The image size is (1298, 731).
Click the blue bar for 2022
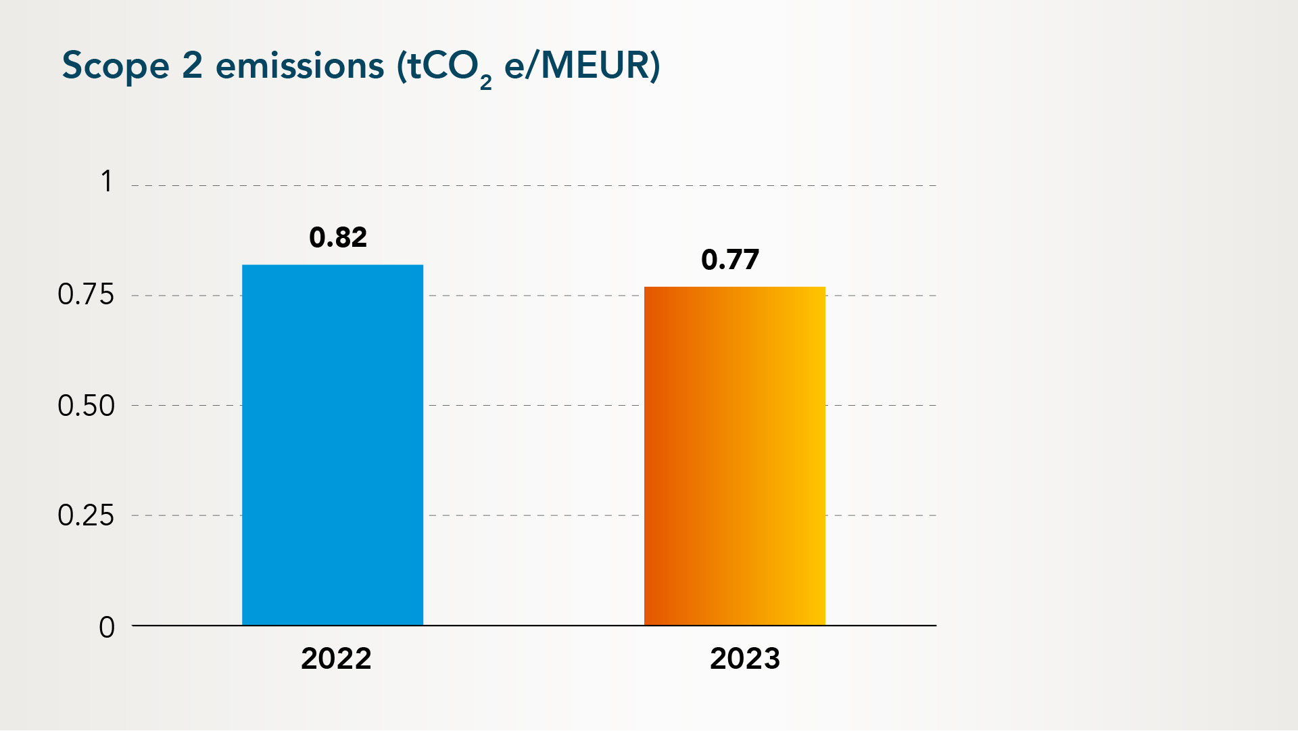coord(333,445)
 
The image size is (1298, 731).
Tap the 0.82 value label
coord(338,237)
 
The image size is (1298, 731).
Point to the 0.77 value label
coord(730,260)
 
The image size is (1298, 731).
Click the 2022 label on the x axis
coord(336,659)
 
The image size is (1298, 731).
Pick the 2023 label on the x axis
coord(745,659)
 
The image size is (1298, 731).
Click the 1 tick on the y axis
coord(107,182)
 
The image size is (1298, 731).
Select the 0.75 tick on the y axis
coord(86,295)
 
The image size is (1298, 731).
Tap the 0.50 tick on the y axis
coord(86,406)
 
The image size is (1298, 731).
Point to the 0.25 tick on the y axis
coord(86,516)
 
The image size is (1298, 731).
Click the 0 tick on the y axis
coord(107,628)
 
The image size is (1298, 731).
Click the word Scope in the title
coord(116,66)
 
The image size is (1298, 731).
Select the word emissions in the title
coord(299,66)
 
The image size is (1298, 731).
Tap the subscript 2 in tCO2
coord(485,82)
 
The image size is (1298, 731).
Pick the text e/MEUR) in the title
coord(582,66)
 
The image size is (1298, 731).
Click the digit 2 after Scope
coord(192,66)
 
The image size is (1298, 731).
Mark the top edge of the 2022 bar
coord(333,266)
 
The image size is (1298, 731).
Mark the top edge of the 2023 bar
coord(734,288)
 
